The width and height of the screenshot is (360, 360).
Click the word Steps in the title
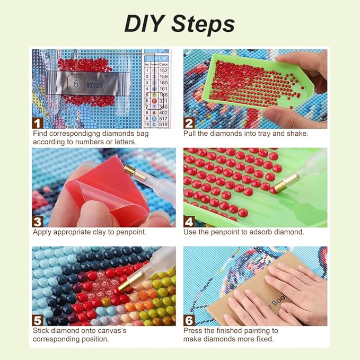click(204, 24)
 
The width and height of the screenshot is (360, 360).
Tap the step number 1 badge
click(38, 123)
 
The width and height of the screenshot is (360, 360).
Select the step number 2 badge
click(189, 123)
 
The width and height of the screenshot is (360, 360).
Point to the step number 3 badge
click(38, 221)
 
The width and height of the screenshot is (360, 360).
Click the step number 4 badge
click(189, 221)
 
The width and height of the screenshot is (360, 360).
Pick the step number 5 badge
click(38, 320)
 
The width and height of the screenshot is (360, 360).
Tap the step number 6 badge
click(189, 320)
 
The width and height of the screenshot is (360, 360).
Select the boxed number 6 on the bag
click(76, 84)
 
